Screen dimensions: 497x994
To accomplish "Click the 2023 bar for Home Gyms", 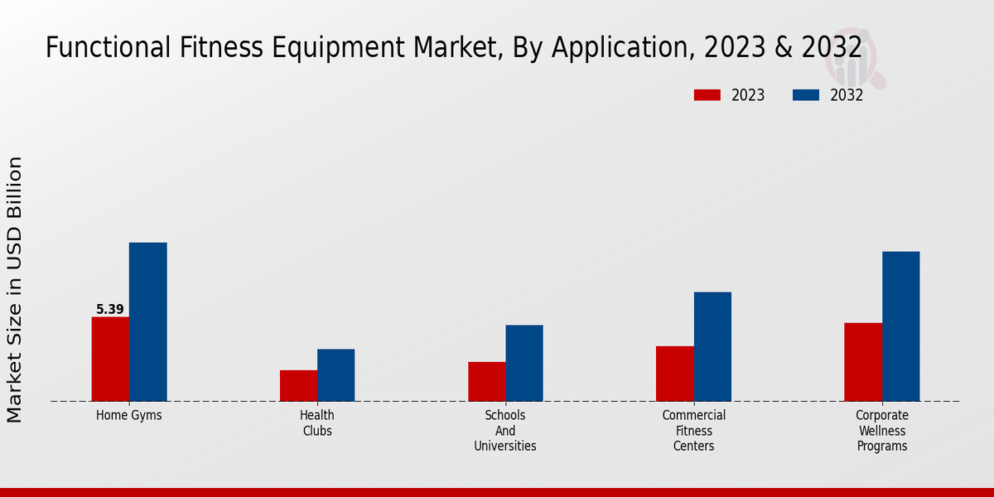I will pos(110,359).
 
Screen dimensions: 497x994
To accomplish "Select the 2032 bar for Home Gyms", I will pos(147,321).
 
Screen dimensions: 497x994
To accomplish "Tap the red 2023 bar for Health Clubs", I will pos(298,385).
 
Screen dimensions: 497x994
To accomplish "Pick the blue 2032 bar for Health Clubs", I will pos(335,374).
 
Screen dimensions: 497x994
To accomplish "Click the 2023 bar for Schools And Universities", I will pos(486,381).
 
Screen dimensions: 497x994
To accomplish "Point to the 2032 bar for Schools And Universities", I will pos(524,363).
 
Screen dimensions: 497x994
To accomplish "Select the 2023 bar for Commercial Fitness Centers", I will pos(674,373).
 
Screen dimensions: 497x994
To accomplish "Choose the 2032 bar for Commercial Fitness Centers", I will pos(712,346).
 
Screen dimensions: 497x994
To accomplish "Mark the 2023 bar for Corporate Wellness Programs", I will pos(863,361).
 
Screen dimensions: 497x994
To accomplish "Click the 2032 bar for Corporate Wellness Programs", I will pos(900,326).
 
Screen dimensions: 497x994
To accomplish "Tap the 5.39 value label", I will pos(110,310).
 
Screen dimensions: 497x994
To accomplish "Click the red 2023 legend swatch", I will pos(707,95).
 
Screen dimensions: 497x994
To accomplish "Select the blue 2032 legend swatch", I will pos(806,95).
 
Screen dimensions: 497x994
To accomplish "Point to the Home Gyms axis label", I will pos(129,416).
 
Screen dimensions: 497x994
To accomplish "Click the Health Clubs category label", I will pos(317,423).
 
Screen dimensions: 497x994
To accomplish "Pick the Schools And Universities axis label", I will pos(505,431).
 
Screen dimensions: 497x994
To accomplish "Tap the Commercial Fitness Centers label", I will pos(694,431).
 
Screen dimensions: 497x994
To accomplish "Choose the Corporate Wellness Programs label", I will pos(882,431).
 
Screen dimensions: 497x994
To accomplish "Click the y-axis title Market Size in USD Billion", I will pos(15,289).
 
